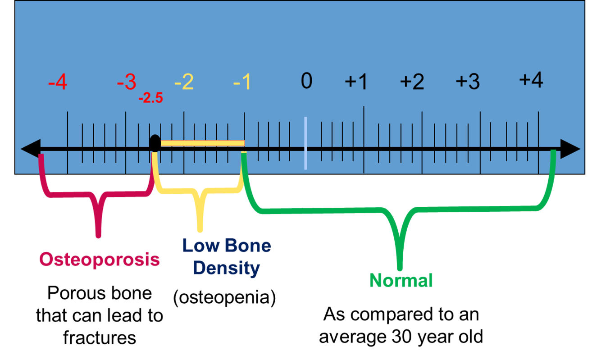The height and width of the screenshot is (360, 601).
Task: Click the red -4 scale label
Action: [x=58, y=83]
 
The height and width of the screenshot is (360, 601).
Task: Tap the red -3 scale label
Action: [x=126, y=82]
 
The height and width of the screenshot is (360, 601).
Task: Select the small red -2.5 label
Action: [x=150, y=98]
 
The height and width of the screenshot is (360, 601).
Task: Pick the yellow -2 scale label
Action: [x=184, y=82]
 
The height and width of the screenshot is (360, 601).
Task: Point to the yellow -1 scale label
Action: [x=242, y=82]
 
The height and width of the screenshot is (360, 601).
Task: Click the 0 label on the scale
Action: [x=306, y=81]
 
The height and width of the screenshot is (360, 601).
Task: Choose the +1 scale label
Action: [x=356, y=82]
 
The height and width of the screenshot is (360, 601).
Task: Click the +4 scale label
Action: [x=531, y=80]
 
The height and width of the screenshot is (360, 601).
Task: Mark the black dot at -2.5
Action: [x=155, y=143]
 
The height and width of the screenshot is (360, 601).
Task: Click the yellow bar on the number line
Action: [x=202, y=143]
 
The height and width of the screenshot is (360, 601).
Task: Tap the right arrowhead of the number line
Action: [x=569, y=149]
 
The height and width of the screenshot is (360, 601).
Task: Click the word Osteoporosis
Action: [x=99, y=260]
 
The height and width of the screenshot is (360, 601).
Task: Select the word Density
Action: [x=227, y=269]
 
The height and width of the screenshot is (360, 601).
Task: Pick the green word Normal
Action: [x=401, y=280]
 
